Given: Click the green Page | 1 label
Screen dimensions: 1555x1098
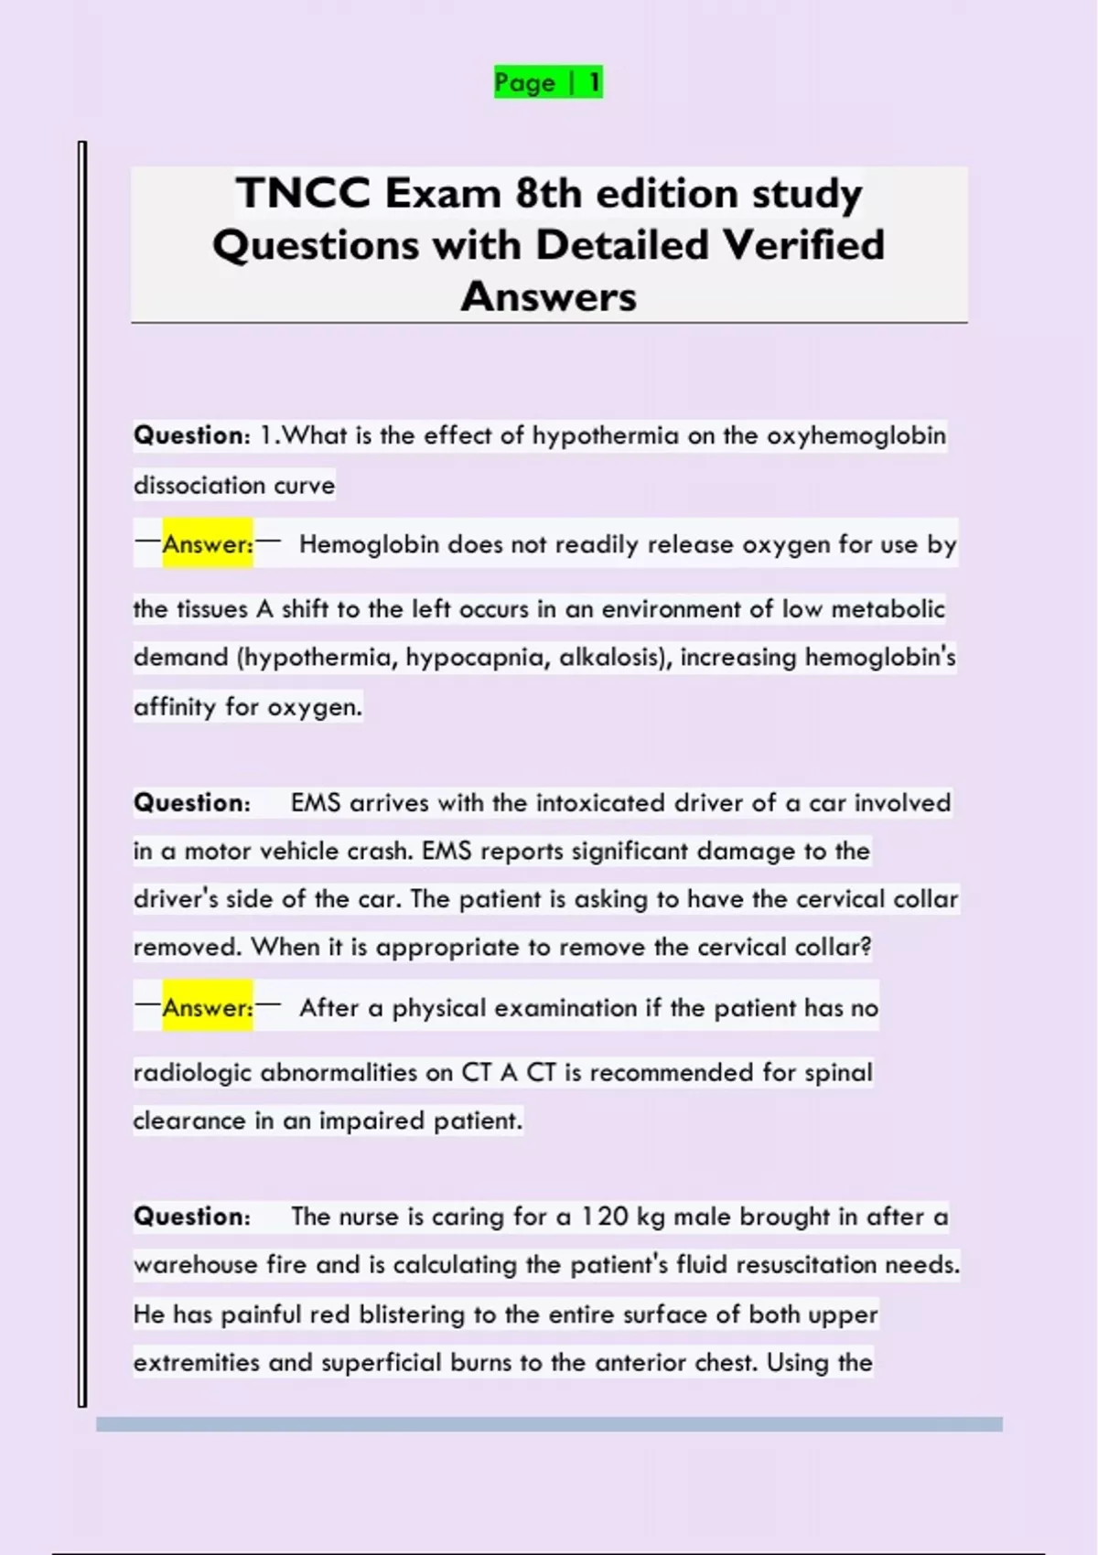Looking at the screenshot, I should coord(548,82).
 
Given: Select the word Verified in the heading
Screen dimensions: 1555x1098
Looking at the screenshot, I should coord(803,244).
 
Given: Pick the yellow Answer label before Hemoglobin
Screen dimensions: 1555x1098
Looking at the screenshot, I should coord(208,544).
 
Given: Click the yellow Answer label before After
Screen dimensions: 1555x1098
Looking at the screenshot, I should coord(208,1008).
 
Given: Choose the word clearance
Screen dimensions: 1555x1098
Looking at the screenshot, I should coord(189,1121).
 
